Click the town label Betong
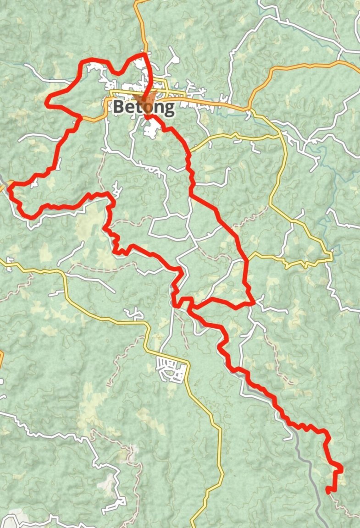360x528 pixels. (144, 107)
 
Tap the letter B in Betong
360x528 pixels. (119, 107)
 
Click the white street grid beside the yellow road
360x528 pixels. (172, 369)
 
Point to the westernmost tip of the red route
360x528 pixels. (9, 186)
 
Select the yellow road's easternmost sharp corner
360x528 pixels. (331, 255)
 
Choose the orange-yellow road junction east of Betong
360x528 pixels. (249, 110)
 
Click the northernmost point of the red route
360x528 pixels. (145, 54)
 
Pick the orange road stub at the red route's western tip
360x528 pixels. (4, 187)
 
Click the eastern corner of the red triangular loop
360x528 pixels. (254, 303)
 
